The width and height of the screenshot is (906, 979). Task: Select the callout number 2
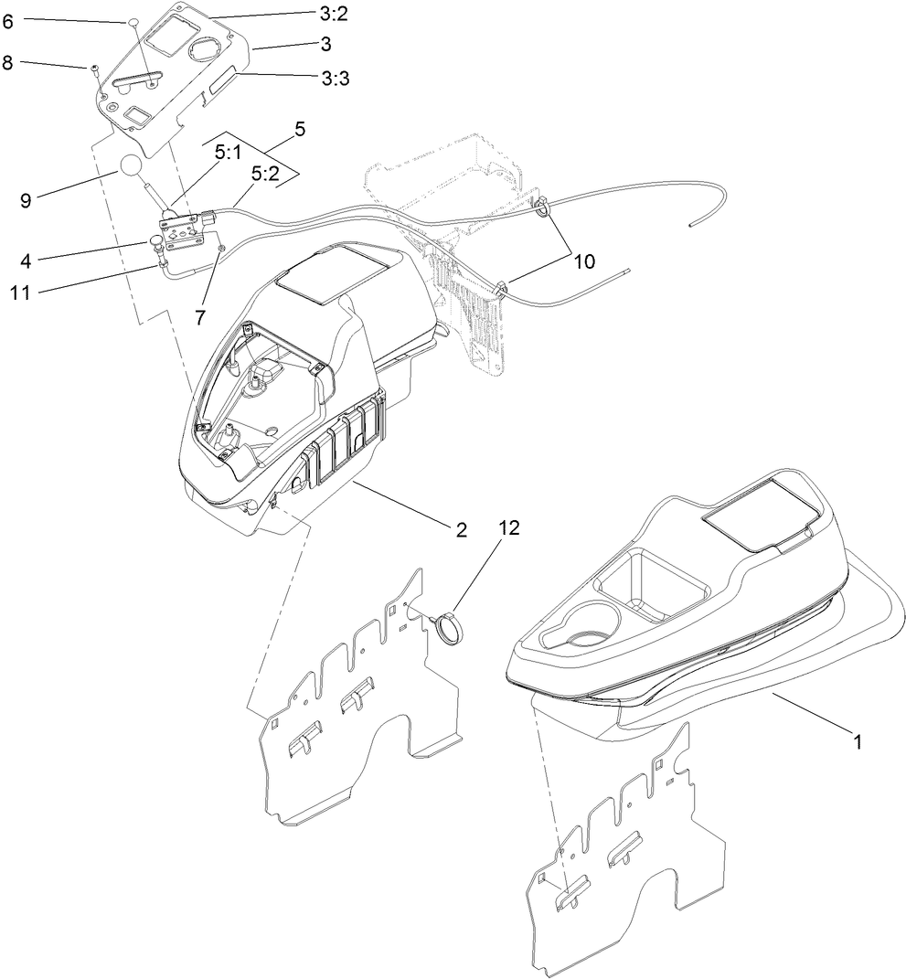[x=462, y=529]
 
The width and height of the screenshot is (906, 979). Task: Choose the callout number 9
[x=27, y=198]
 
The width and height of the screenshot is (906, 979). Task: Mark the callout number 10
[x=583, y=261]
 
